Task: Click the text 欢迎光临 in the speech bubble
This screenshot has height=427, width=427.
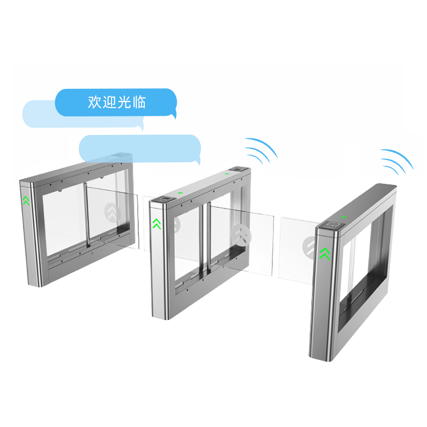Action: (x=117, y=102)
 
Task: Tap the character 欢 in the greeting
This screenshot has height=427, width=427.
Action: (x=95, y=102)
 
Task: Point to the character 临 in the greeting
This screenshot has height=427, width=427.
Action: (x=139, y=102)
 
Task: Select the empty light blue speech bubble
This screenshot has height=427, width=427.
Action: (x=139, y=148)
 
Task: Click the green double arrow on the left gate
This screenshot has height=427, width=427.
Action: (x=26, y=200)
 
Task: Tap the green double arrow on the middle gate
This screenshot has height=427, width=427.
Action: (x=157, y=224)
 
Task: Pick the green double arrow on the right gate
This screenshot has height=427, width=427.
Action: (x=325, y=252)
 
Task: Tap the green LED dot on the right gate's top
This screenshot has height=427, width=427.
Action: (x=343, y=216)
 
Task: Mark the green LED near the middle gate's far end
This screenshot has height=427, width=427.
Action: (x=226, y=173)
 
